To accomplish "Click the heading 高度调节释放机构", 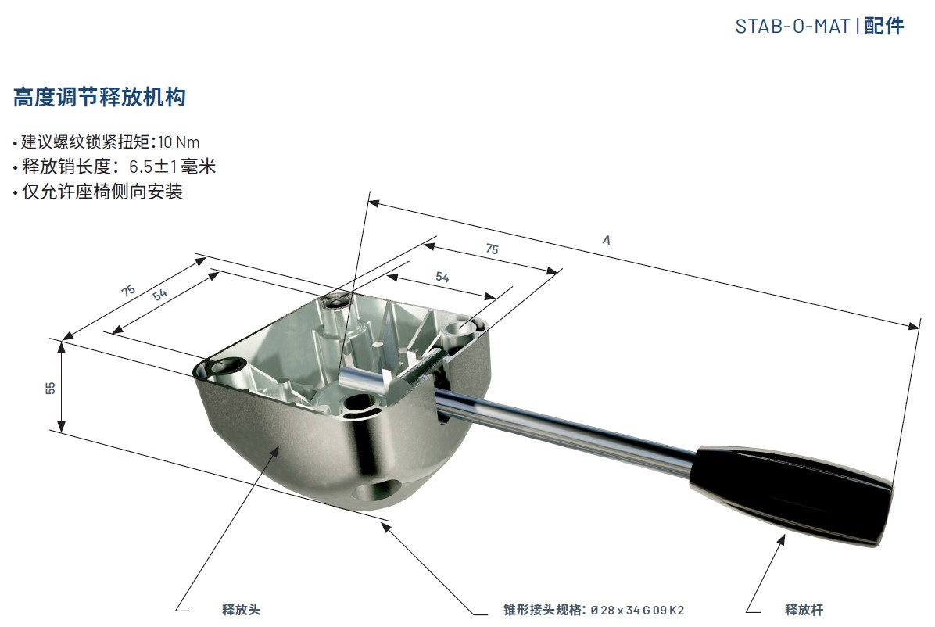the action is [99, 97].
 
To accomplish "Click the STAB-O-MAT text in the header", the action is [792, 27].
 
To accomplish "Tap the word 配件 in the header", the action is [884, 27].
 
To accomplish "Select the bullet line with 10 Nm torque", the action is [107, 142].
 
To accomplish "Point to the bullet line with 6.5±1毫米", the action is [114, 167].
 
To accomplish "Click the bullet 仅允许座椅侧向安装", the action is [98, 192].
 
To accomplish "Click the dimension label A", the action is [607, 241].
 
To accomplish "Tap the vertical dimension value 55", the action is [50, 388].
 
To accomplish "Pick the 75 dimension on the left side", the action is [128, 291].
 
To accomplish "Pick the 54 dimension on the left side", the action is [159, 294].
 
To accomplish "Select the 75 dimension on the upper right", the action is [492, 249].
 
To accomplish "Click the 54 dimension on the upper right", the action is [442, 277].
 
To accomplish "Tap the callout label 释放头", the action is [241, 610].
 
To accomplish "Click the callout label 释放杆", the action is [804, 610].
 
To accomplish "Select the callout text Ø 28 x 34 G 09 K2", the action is [637, 611].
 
